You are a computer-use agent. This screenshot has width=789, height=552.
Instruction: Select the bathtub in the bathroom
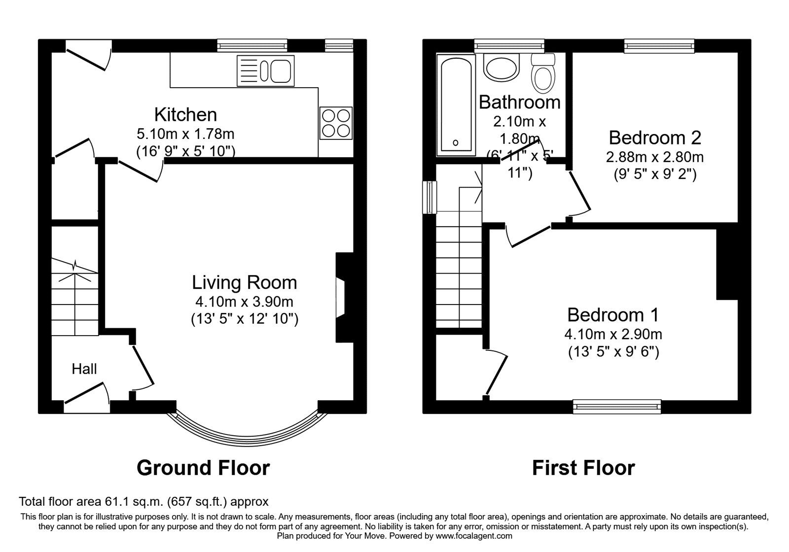pyautogui.click(x=456, y=105)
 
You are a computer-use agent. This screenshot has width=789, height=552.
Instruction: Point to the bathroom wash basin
pyautogui.click(x=502, y=67)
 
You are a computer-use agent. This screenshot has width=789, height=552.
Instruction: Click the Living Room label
pyautogui.click(x=244, y=282)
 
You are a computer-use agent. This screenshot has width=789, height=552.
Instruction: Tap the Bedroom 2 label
pyautogui.click(x=654, y=138)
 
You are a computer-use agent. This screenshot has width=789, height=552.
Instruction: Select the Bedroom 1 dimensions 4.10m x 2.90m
pyautogui.click(x=613, y=334)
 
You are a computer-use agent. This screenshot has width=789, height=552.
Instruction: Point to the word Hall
pyautogui.click(x=84, y=369)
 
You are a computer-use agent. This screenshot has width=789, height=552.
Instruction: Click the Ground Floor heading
pyautogui.click(x=203, y=468)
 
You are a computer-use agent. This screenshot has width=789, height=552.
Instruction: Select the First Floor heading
pyautogui.click(x=583, y=468)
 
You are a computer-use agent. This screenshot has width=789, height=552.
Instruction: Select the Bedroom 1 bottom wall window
pyautogui.click(x=616, y=407)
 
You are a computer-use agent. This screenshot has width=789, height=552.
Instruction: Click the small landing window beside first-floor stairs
pyautogui.click(x=430, y=198)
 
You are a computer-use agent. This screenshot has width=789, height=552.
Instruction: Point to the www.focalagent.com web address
pyautogui.click(x=474, y=536)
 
